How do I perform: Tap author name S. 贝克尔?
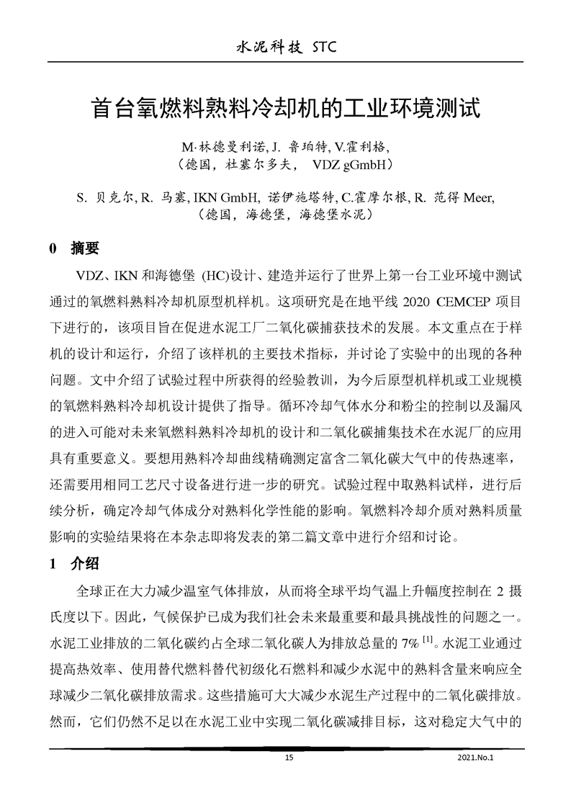tap(100, 197)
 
